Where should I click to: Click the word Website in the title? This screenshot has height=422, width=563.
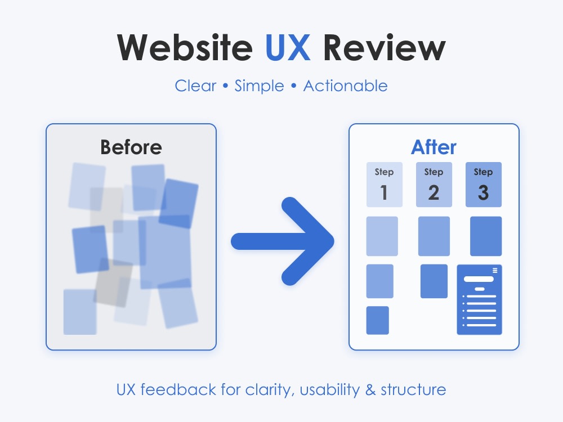pos(185,48)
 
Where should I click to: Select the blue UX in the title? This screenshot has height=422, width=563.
pos(288,48)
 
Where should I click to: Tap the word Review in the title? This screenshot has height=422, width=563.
pos(385,48)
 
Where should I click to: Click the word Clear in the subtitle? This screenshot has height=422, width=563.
pos(195,86)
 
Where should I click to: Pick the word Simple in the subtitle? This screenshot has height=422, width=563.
pos(259,87)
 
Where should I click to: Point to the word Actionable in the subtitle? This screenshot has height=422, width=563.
pos(346,86)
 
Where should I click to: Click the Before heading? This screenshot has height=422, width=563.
pos(131,147)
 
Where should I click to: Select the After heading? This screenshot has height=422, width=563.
pos(434,147)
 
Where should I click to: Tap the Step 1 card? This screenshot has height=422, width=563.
pos(384,185)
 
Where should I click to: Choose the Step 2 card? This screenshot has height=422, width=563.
pos(434,185)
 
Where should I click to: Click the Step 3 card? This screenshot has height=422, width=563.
pos(483,185)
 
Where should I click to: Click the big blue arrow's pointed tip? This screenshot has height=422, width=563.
pos(333,241)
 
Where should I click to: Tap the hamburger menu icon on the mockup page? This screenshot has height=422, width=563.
pos(495,271)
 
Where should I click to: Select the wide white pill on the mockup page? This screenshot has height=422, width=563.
pos(479,279)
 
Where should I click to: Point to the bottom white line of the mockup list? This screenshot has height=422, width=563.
pos(481,325)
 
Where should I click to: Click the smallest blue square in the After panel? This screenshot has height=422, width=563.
pos(377,320)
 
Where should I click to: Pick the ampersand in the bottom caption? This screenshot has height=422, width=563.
pos(370,390)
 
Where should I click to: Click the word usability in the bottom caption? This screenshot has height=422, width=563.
pos(329,390)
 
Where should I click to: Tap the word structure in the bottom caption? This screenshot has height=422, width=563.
pos(413,390)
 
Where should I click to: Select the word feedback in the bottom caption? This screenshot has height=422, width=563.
pos(178,389)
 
